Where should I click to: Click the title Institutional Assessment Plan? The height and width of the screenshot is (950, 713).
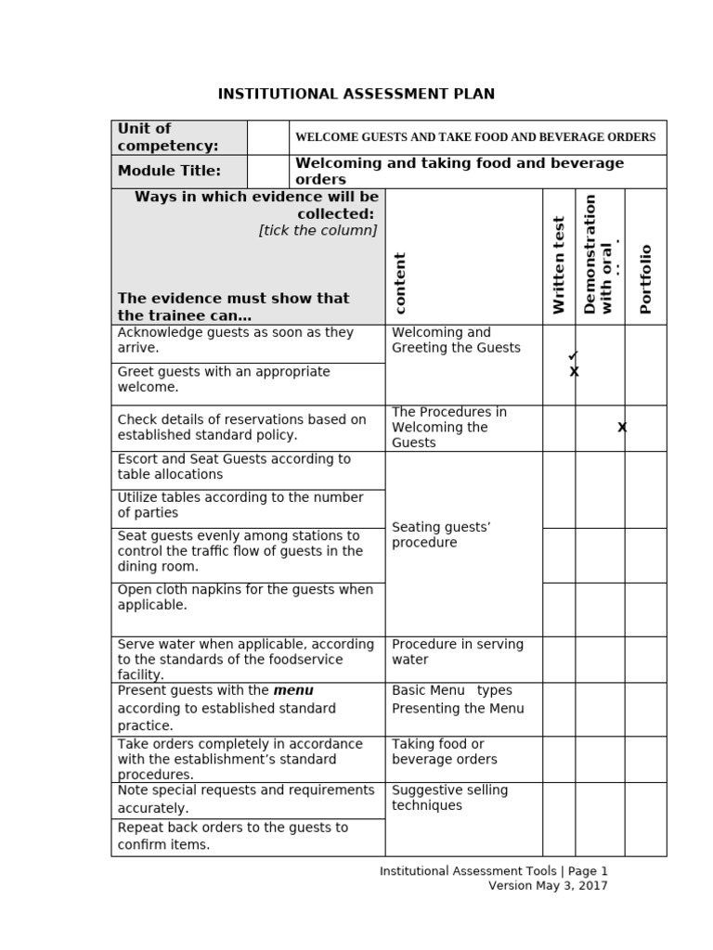point(356,94)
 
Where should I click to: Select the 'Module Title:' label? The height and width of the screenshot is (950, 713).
point(169,171)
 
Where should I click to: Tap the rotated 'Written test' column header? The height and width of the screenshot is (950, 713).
point(559,265)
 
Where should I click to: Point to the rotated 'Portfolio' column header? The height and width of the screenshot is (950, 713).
point(646,279)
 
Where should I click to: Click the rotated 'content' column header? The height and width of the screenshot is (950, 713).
point(400,284)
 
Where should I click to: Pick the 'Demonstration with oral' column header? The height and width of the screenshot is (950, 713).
point(600,254)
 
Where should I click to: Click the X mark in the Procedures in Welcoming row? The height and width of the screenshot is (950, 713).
point(622,427)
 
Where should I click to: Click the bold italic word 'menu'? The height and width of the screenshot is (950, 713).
point(293,690)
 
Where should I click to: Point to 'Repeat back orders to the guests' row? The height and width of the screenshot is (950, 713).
point(232,836)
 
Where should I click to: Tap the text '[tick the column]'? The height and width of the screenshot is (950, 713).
point(318,230)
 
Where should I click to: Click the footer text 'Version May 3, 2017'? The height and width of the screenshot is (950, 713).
point(548,885)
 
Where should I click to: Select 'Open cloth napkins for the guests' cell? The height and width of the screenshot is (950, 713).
point(245,597)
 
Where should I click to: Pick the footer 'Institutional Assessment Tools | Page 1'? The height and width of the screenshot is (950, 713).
point(493,870)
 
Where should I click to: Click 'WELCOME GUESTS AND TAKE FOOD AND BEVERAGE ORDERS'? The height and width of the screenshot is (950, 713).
point(475,137)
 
